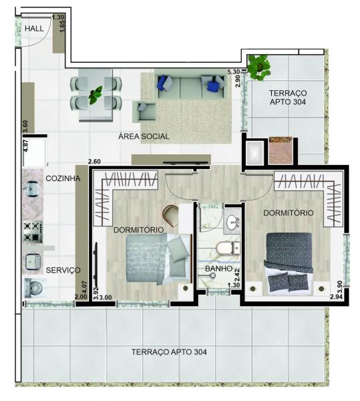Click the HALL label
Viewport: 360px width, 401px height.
click(x=34, y=28)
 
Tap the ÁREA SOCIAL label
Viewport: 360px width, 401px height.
click(x=144, y=136)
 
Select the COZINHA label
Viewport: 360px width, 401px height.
click(x=63, y=178)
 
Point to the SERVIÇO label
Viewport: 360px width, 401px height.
click(x=63, y=270)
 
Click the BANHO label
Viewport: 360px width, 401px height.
click(x=218, y=269)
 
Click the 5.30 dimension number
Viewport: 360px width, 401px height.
click(x=234, y=72)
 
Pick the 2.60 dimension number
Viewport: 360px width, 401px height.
click(x=94, y=162)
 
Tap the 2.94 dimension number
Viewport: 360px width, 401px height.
click(x=336, y=297)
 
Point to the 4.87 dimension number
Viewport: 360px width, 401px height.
click(x=26, y=146)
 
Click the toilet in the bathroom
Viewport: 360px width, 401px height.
click(x=228, y=247)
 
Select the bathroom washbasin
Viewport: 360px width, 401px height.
click(x=232, y=222)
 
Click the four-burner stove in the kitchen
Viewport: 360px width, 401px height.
click(x=33, y=232)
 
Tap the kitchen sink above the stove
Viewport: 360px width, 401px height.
click(x=31, y=188)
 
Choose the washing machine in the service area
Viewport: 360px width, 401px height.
click(x=35, y=288)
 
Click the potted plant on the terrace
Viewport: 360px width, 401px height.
click(x=259, y=67)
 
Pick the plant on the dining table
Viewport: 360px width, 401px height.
click(x=95, y=95)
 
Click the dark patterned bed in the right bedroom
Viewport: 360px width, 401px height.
click(x=289, y=263)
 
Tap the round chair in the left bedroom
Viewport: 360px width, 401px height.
click(x=171, y=215)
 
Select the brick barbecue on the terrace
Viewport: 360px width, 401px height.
click(x=281, y=150)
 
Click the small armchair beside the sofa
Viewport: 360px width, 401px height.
click(x=145, y=111)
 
